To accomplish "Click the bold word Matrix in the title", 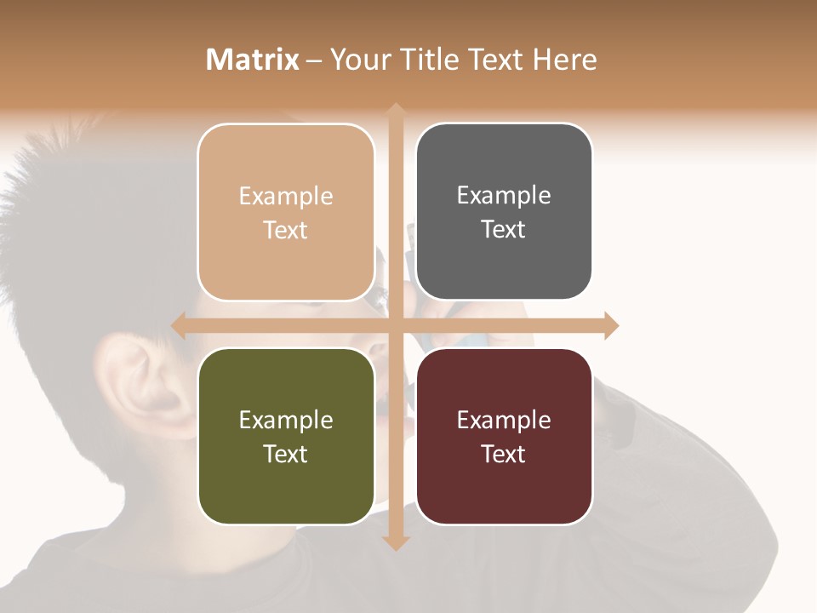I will coord(253,60).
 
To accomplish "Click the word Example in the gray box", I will coord(504,196).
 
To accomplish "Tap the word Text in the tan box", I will coord(286,231).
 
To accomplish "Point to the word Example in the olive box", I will coord(286,420).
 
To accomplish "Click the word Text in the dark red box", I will coord(504,454).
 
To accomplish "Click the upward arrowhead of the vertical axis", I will coord(396,111).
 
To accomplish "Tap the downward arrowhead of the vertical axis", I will coord(396,542).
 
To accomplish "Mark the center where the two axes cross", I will coord(396,325).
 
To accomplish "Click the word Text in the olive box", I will coord(286,454).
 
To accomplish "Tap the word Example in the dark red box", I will coord(504,420).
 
